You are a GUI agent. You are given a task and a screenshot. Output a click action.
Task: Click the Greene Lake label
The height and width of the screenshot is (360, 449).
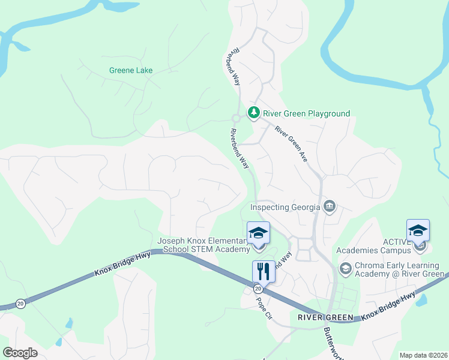131,70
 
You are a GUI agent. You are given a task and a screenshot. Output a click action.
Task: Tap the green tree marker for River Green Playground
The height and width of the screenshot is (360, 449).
254,113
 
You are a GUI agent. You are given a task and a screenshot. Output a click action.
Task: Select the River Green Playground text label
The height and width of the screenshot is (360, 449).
307,113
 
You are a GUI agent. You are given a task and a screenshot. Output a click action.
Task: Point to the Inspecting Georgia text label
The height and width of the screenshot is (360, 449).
285,208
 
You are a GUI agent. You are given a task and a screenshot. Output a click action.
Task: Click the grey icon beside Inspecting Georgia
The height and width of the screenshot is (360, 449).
329,208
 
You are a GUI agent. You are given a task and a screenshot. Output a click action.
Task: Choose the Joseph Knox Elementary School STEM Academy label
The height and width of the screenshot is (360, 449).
203,245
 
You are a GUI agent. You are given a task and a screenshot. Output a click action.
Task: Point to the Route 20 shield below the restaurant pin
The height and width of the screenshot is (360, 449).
258,289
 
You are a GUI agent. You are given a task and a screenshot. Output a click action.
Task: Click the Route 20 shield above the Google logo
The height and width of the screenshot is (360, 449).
21,304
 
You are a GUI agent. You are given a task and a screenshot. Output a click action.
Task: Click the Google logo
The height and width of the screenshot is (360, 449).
20,353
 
